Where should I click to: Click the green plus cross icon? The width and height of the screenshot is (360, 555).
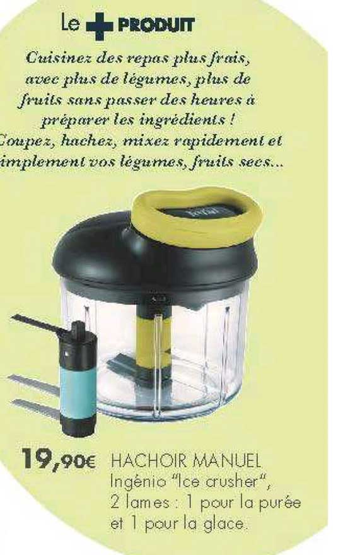[x=98, y=25]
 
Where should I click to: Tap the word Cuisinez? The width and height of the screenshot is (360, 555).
[x=57, y=59]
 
